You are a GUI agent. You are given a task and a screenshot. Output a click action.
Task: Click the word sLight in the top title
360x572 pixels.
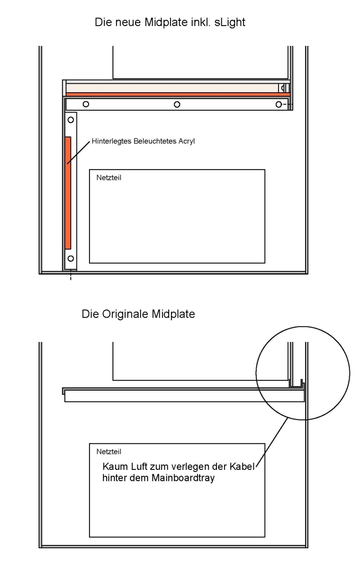[230, 23]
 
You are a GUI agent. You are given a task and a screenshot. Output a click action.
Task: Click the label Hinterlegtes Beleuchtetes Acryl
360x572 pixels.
[143, 141]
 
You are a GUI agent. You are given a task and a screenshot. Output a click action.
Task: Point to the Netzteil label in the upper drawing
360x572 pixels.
[109, 178]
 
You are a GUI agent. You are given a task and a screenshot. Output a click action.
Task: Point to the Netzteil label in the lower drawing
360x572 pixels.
[109, 452]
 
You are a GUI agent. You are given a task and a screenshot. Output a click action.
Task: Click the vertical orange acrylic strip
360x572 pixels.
[67, 193]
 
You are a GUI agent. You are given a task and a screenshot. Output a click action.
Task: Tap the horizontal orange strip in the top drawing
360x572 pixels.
[178, 95]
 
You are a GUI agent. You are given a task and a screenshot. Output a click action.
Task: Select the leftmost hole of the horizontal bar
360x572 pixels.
[86, 104]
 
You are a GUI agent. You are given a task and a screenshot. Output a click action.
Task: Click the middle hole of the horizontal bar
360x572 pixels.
[177, 104]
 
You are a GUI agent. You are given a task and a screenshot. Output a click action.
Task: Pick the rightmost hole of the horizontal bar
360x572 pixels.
[279, 104]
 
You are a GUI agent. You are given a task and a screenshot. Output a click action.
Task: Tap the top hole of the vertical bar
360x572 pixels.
[71, 120]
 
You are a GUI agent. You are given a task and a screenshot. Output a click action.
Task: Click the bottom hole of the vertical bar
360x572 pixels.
[71, 258]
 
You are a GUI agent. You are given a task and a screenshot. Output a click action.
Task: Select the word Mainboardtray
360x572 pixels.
[183, 478]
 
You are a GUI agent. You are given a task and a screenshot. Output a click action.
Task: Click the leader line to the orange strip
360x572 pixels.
[79, 152]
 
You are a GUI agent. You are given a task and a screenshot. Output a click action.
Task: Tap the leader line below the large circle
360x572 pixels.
[272, 442]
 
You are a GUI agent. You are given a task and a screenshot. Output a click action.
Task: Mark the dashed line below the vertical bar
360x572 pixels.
[71, 275]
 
